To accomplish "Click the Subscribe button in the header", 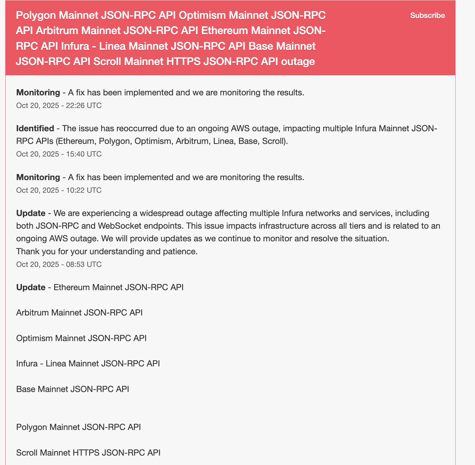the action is (x=427, y=16).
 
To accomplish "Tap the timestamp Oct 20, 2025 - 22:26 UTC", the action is (x=59, y=105).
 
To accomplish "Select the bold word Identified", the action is (x=35, y=129).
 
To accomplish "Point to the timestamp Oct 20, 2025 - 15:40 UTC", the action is (x=59, y=154).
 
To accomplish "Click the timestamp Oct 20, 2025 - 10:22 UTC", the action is (x=59, y=190).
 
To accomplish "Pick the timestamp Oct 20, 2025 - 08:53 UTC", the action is (x=59, y=264).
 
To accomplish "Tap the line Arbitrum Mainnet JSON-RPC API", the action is (x=79, y=312).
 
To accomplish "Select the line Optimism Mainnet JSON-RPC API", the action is (x=81, y=338).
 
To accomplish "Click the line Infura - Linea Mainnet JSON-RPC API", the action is (x=88, y=363).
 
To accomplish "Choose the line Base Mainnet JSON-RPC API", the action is (x=72, y=389).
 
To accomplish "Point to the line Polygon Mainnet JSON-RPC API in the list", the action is (x=78, y=427).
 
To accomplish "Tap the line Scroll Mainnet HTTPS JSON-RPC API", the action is (x=88, y=452).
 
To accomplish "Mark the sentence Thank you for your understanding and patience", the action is (x=107, y=251).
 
